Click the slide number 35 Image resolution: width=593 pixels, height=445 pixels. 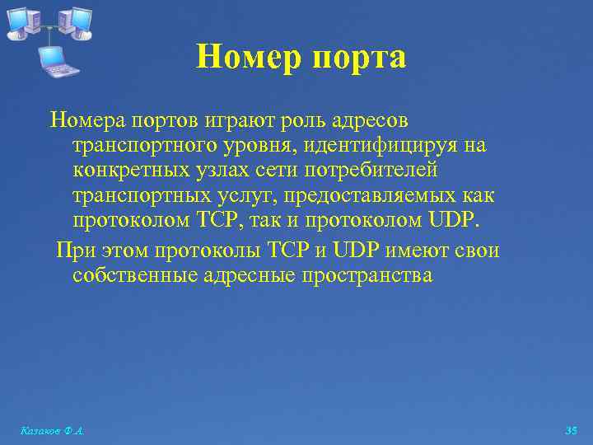[x=572, y=431]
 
